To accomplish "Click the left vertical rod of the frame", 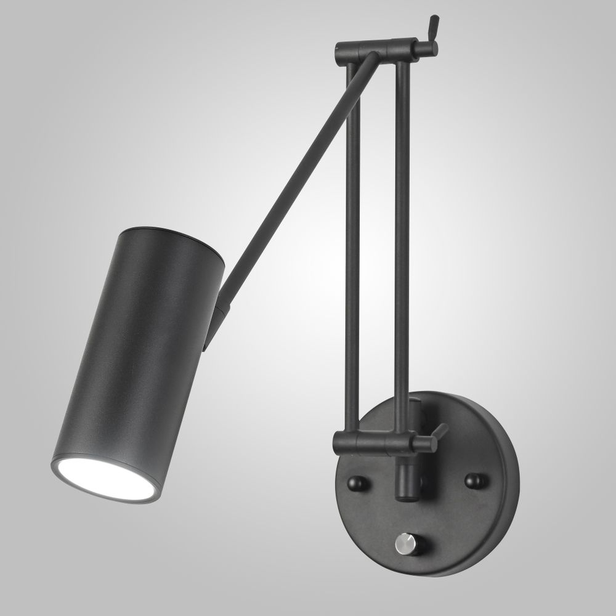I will click(x=353, y=246).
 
